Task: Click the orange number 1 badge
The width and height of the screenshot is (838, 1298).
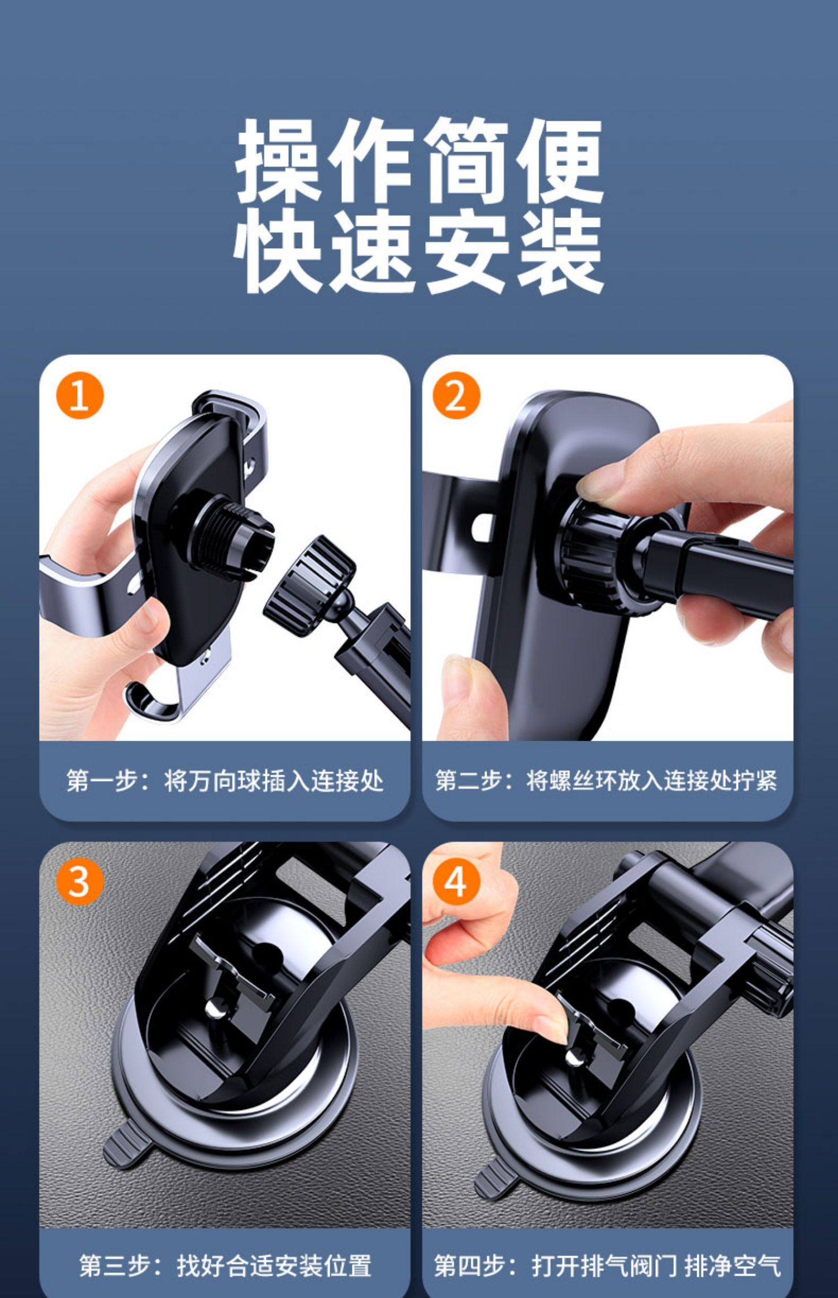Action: click(80, 396)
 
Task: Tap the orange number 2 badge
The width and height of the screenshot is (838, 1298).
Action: click(456, 396)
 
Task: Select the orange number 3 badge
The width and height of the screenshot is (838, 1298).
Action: click(80, 882)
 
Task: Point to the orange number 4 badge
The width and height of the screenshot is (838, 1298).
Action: click(456, 882)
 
